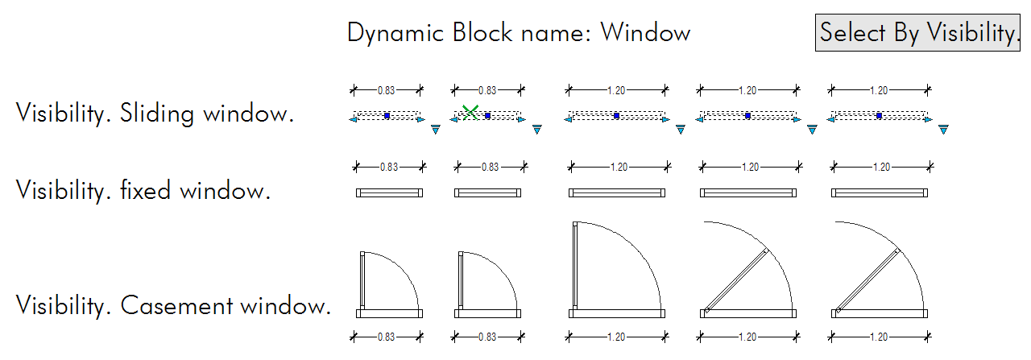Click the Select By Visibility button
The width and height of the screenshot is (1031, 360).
tap(918, 33)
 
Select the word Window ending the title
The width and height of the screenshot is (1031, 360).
tap(645, 33)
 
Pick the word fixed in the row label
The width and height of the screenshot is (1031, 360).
tap(147, 191)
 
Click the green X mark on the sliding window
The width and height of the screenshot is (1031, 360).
tap(470, 113)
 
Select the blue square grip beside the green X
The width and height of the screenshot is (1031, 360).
tap(487, 116)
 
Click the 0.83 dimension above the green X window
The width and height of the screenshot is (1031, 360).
tap(487, 90)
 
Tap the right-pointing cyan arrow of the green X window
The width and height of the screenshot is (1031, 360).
tap(522, 120)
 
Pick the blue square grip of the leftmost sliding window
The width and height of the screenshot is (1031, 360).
tap(387, 116)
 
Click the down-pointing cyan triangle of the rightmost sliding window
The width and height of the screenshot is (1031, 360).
tap(943, 129)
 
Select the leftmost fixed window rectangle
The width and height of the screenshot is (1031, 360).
tap(389, 192)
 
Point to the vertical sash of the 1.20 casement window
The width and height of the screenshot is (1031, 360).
tap(574, 266)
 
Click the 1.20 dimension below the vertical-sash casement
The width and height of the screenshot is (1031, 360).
tap(618, 337)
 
